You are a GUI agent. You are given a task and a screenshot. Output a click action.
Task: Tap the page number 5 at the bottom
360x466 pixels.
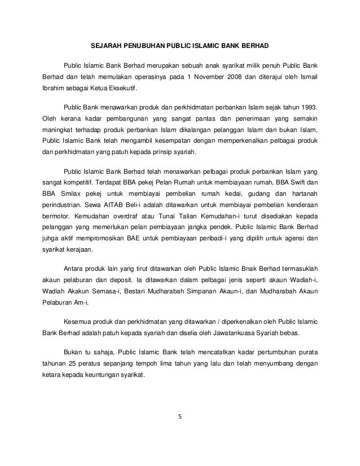(x=180, y=418)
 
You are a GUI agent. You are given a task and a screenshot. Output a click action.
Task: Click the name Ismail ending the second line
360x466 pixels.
(x=306, y=76)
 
